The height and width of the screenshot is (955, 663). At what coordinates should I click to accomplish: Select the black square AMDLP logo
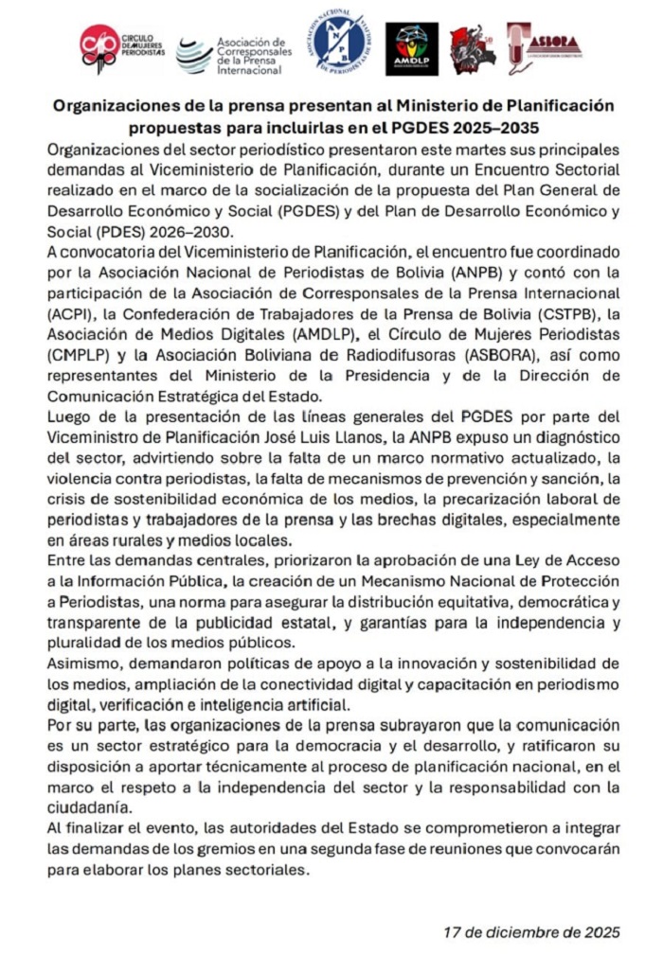coord(412,48)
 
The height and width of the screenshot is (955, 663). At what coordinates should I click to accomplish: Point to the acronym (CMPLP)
coord(75,355)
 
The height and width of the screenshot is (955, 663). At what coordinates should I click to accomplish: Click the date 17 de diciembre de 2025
coord(532,930)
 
